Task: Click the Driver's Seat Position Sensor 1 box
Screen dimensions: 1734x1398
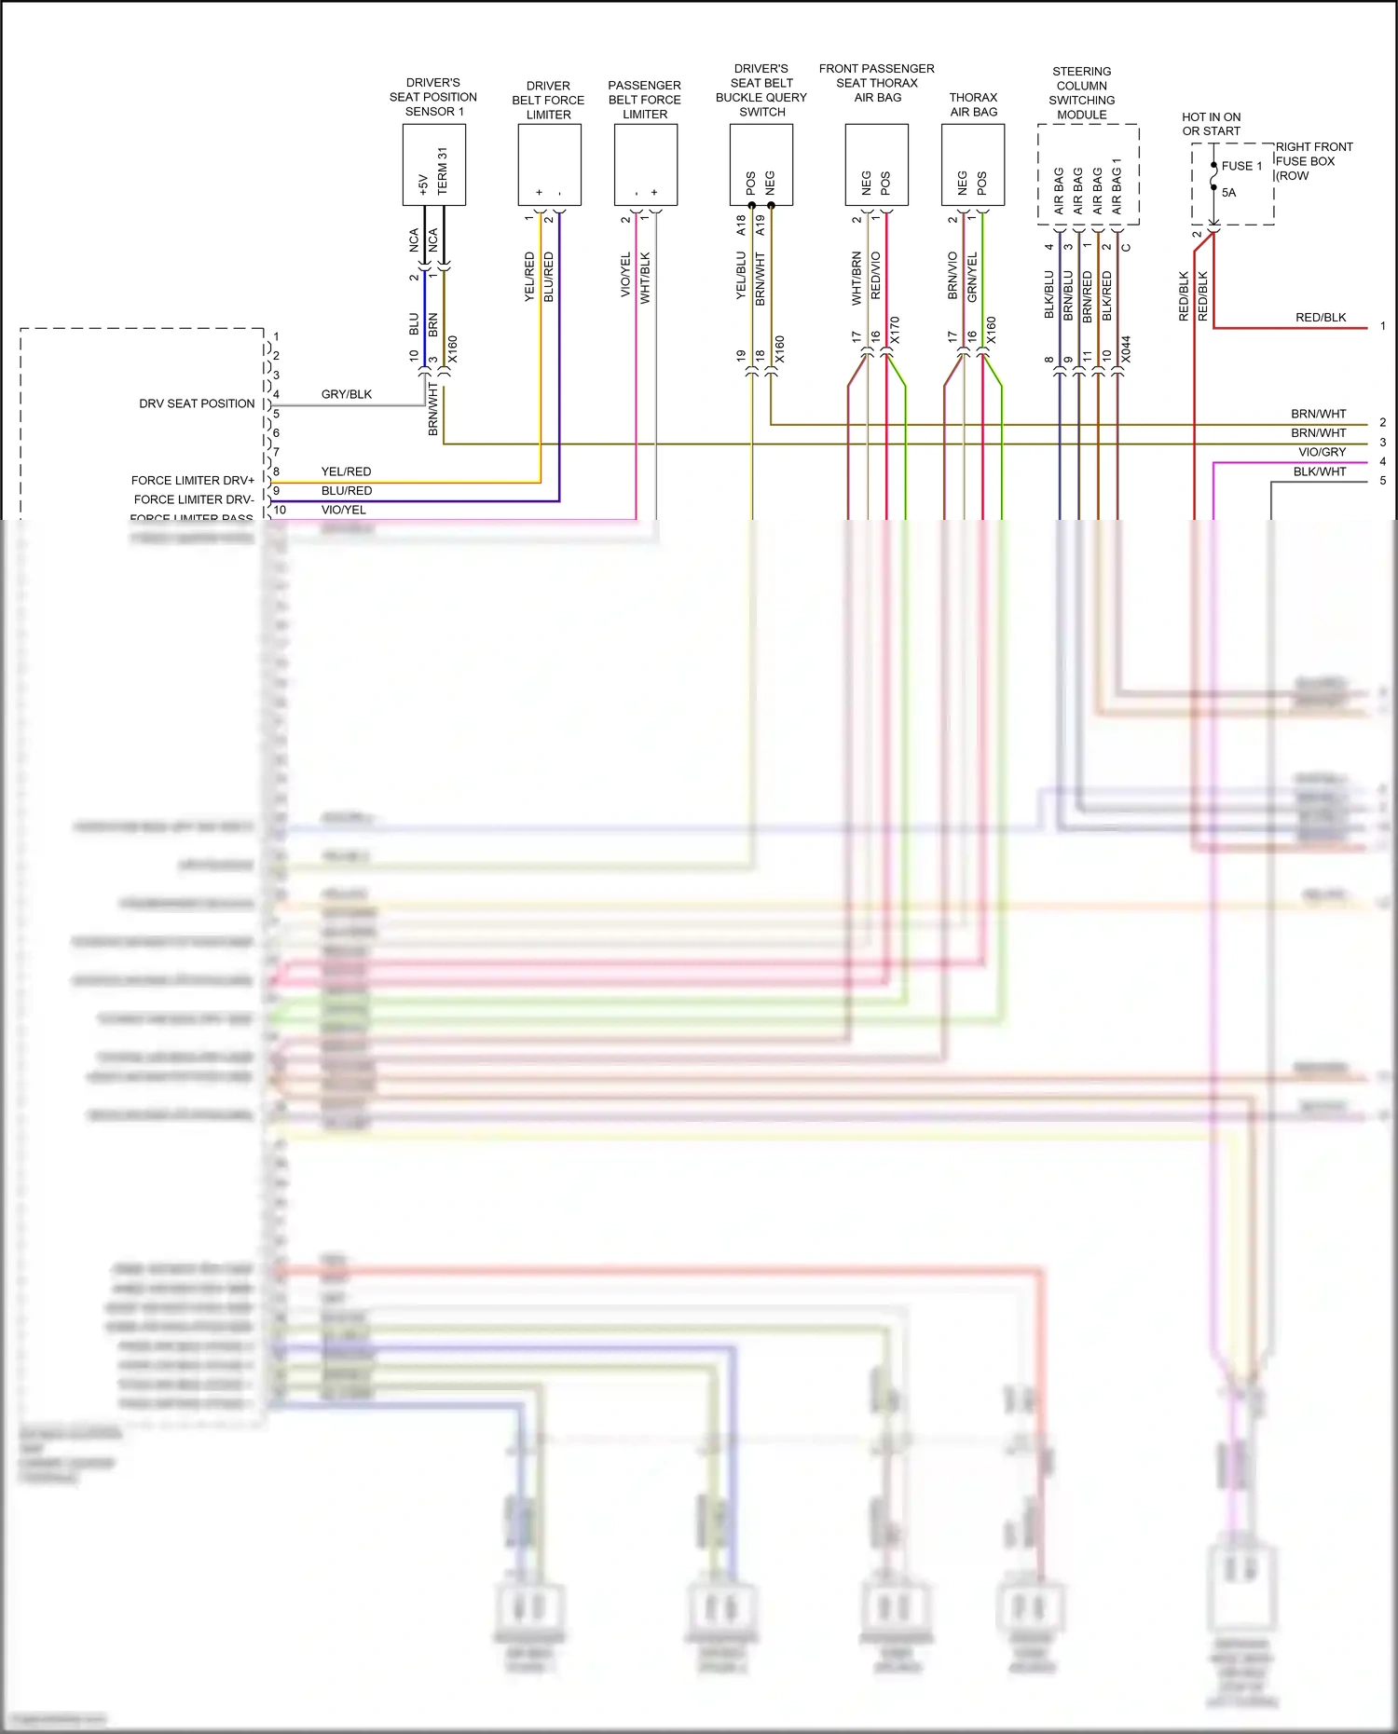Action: [x=433, y=164]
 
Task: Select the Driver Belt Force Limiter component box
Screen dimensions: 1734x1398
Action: [x=549, y=164]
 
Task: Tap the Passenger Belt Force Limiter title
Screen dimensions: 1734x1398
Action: [x=644, y=100]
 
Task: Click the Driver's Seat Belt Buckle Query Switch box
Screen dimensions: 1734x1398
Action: [x=761, y=164]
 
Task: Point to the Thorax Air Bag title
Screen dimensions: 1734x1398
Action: [x=973, y=104]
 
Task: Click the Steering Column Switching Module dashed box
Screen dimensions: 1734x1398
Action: [x=1088, y=174]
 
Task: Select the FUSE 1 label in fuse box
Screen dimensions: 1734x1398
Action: [x=1241, y=166]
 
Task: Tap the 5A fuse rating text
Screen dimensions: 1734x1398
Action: [x=1228, y=193]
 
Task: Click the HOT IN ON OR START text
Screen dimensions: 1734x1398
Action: [x=1211, y=124]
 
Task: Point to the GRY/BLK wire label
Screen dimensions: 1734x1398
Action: [x=346, y=394]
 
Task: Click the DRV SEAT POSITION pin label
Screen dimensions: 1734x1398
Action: [x=197, y=403]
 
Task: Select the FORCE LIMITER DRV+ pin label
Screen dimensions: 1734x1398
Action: [x=193, y=480]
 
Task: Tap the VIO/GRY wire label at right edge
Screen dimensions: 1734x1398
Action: [x=1322, y=452]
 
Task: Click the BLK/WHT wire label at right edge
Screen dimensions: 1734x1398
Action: [x=1319, y=471]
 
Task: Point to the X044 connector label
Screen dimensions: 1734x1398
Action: [x=1126, y=349]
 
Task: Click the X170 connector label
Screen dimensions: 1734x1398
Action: [x=895, y=330]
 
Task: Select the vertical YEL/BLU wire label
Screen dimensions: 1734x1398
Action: [x=741, y=276]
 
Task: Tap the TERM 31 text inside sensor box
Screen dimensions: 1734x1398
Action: [x=443, y=171]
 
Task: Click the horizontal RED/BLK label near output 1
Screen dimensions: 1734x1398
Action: [x=1320, y=318]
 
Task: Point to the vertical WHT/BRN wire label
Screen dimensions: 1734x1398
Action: [x=857, y=279]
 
